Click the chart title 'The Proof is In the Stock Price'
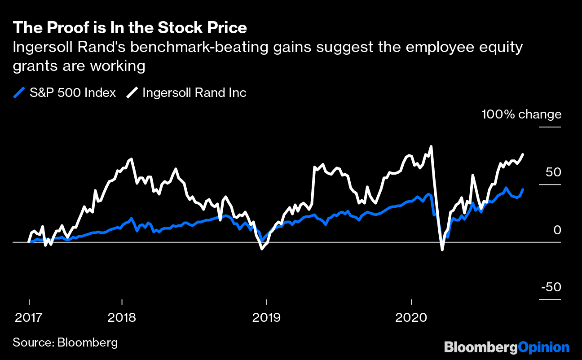pyautogui.click(x=130, y=28)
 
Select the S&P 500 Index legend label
pyautogui.click(x=73, y=93)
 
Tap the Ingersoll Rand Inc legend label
pyautogui.click(x=194, y=93)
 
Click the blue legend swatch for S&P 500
pyautogui.click(x=19, y=93)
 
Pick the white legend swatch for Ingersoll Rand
pyautogui.click(x=132, y=93)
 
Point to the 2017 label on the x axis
pyautogui.click(x=29, y=317)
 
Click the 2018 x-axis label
pyautogui.click(x=122, y=317)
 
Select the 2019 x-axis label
pyautogui.click(x=266, y=317)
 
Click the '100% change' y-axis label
pyautogui.click(x=521, y=114)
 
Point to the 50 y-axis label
pyautogui.click(x=552, y=172)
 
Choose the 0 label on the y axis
pyautogui.click(x=557, y=230)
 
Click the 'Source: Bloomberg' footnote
pyautogui.click(x=65, y=342)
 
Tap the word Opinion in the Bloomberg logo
pyautogui.click(x=544, y=347)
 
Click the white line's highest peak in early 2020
pyautogui.click(x=431, y=146)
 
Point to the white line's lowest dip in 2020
pyautogui.click(x=442, y=250)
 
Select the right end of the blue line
pyautogui.click(x=523, y=189)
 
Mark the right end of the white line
pyautogui.click(x=523, y=154)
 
